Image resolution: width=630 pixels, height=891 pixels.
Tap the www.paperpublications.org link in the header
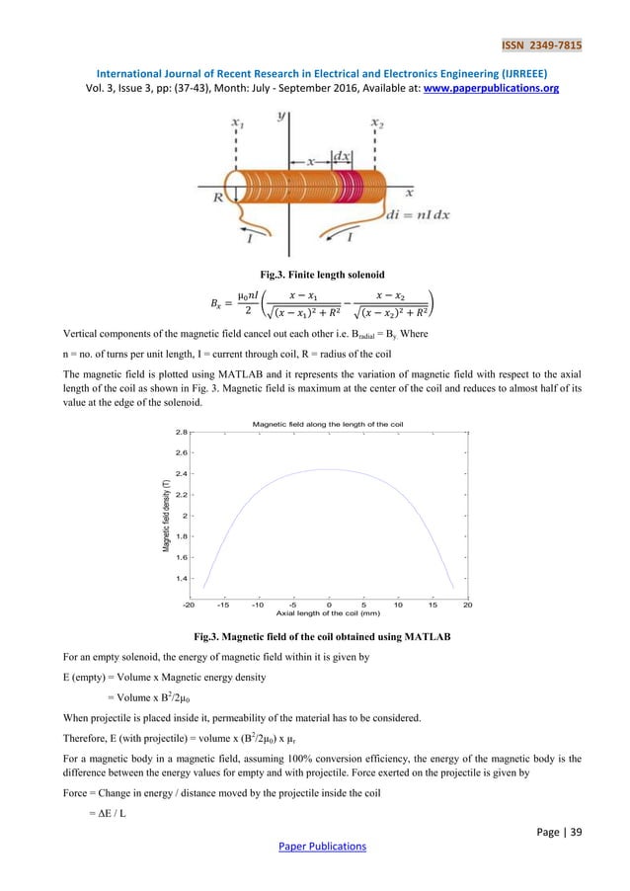(x=504, y=87)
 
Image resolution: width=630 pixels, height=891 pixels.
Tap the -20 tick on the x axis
(x=190, y=605)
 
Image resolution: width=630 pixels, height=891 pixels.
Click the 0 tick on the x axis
(x=329, y=605)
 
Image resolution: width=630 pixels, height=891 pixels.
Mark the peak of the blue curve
(x=329, y=469)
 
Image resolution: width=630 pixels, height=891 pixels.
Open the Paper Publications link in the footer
(x=314, y=846)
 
